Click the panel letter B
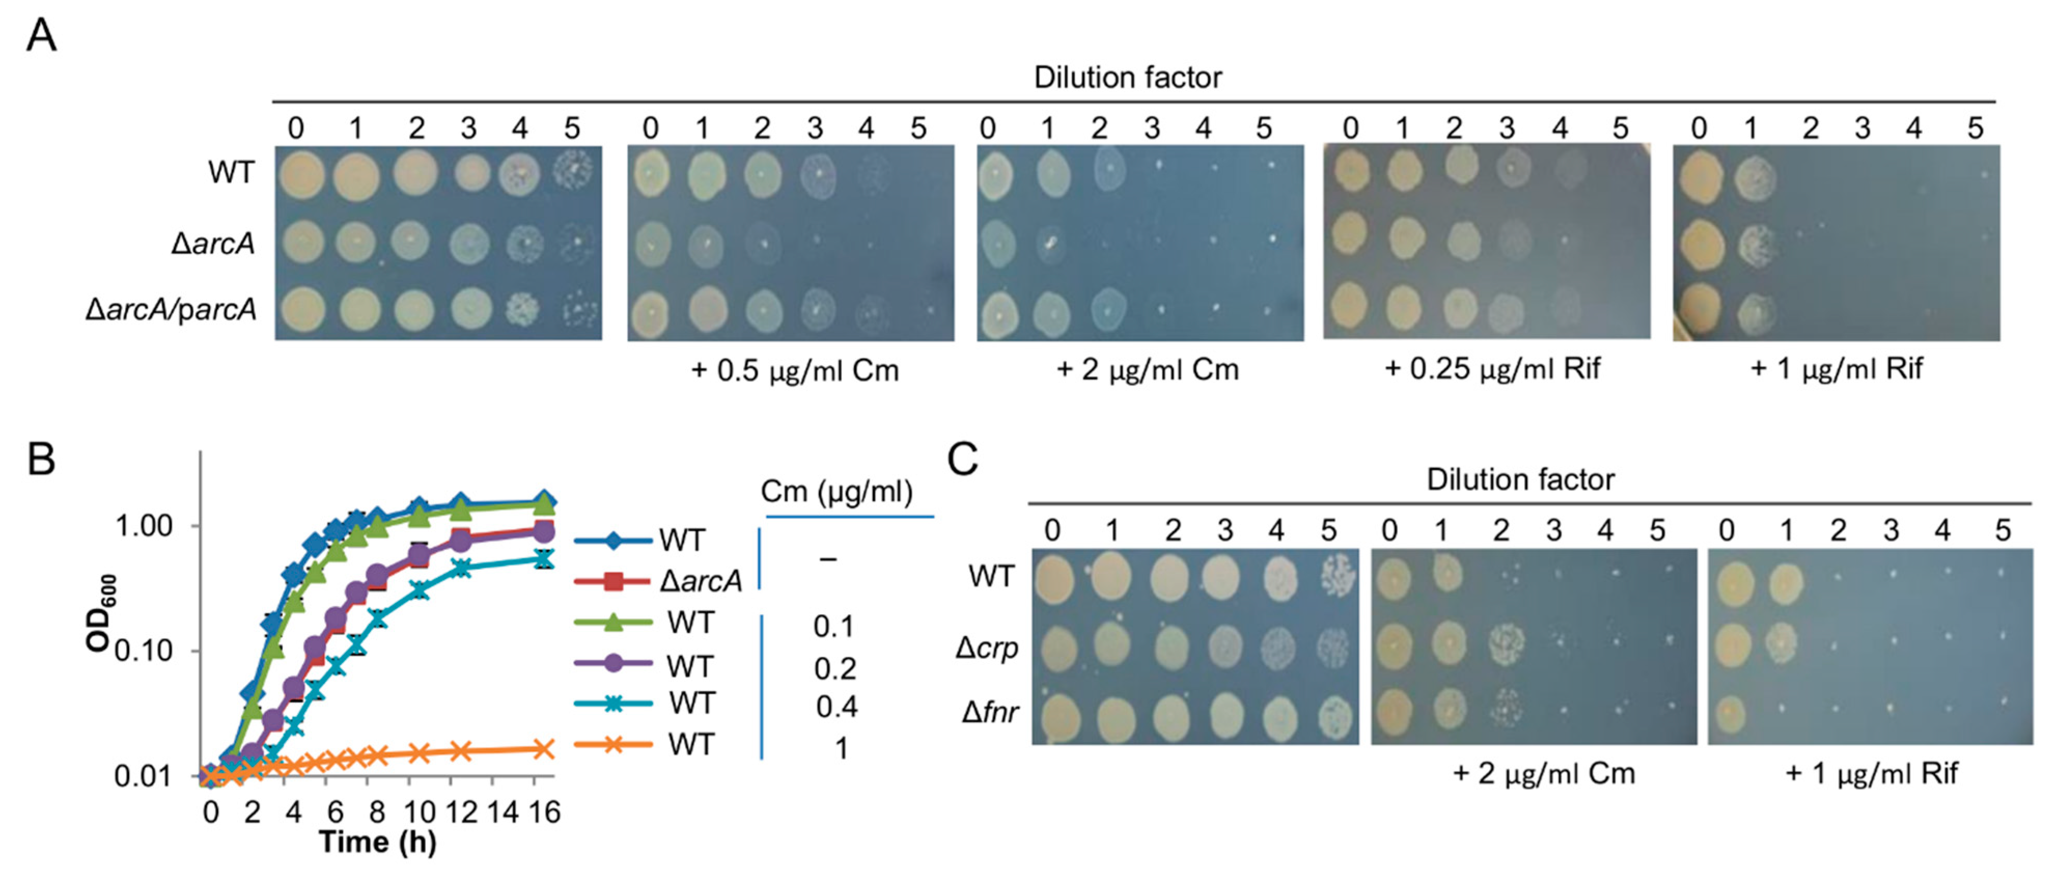click(41, 460)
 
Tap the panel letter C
click(962, 460)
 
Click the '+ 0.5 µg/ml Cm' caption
click(794, 371)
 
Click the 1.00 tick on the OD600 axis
click(144, 526)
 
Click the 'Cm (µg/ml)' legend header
click(836, 492)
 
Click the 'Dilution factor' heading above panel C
click(1520, 480)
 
